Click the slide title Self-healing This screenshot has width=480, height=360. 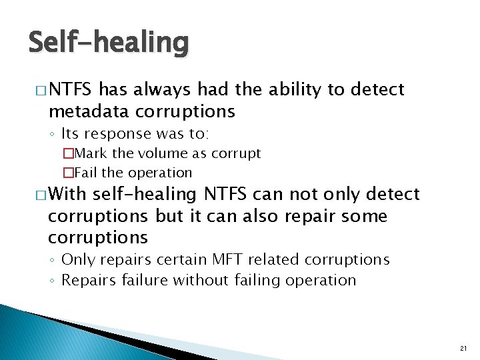109,43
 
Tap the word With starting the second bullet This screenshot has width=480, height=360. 67,195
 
